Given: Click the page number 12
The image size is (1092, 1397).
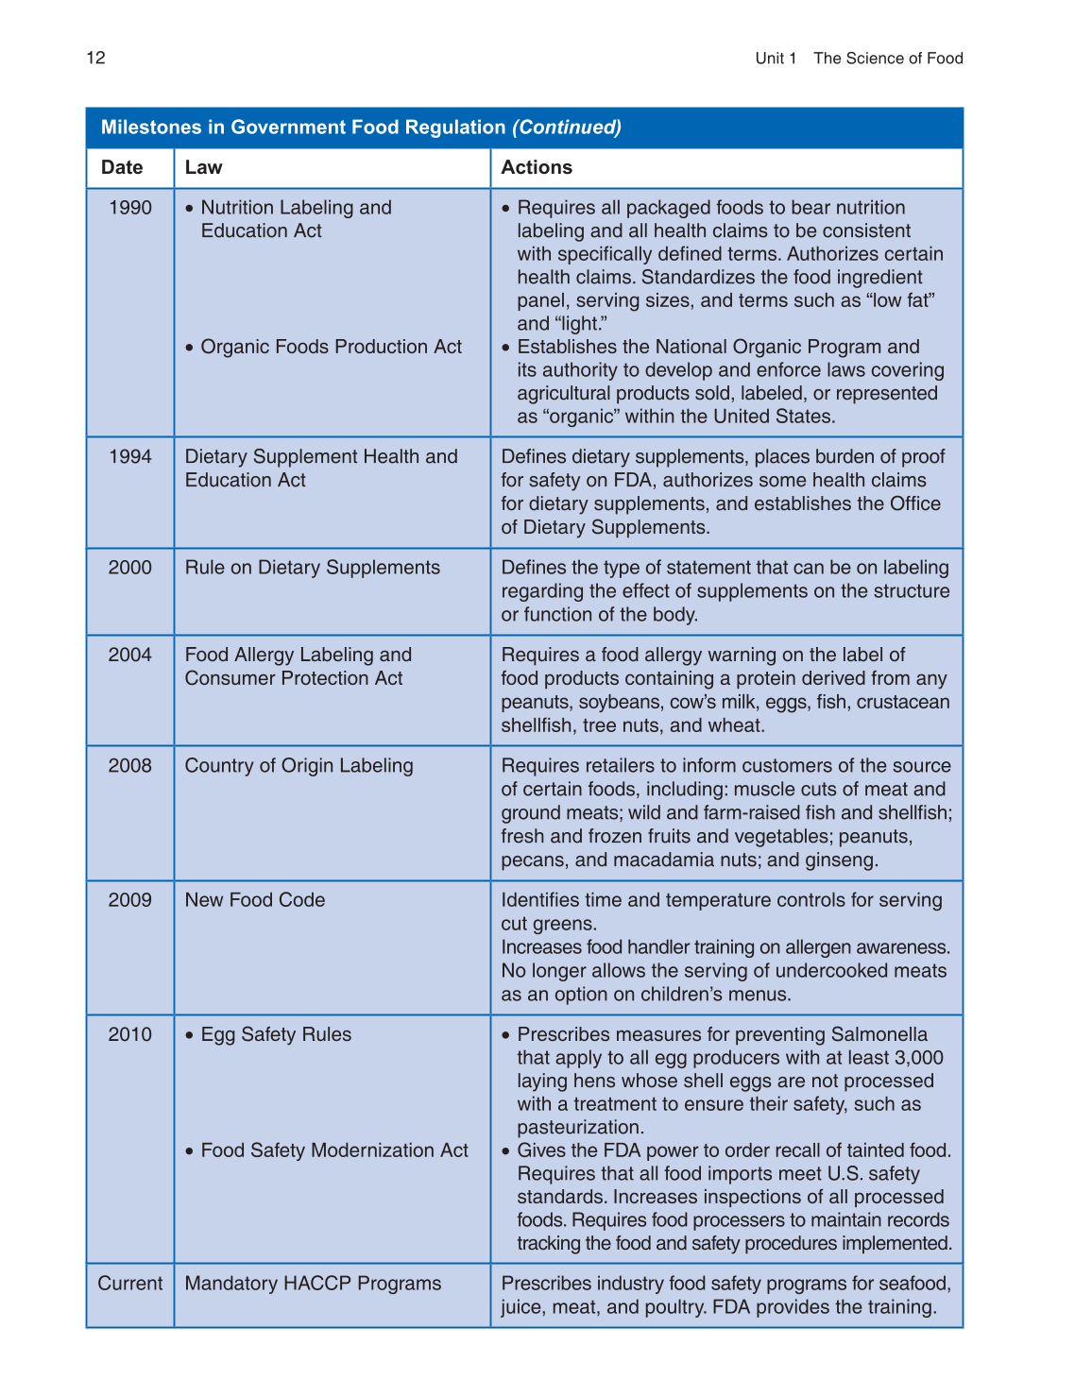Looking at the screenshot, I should pyautogui.click(x=95, y=59).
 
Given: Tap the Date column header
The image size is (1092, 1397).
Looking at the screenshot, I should pyautogui.click(x=122, y=168).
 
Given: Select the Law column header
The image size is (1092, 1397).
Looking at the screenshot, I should pyautogui.click(x=203, y=168).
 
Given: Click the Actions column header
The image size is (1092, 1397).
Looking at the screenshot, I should pyautogui.click(x=537, y=168).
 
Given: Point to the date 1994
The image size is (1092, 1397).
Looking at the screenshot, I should pyautogui.click(x=130, y=457).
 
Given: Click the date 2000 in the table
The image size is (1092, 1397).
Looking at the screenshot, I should pyautogui.click(x=130, y=568).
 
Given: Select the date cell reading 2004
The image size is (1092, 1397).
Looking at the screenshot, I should pyautogui.click(x=130, y=656).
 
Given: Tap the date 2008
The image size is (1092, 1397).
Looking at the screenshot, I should pyautogui.click(x=130, y=766).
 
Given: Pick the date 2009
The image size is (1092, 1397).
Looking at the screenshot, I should pyautogui.click(x=130, y=900).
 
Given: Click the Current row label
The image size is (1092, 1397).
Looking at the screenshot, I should pyautogui.click(x=130, y=1284).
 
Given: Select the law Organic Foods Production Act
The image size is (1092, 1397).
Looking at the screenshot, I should pyautogui.click(x=331, y=348).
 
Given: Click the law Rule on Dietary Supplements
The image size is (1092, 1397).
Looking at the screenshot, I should pyautogui.click(x=313, y=568).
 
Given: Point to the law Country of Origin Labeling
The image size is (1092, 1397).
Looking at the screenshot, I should pyautogui.click(x=299, y=766).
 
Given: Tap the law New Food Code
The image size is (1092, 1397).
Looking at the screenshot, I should pyautogui.click(x=255, y=900).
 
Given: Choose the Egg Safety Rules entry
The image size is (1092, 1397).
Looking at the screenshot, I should pyautogui.click(x=276, y=1035).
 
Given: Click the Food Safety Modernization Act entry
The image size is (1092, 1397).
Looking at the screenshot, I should pyautogui.click(x=334, y=1150).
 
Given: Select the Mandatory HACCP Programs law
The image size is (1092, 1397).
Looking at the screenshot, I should pyautogui.click(x=314, y=1284).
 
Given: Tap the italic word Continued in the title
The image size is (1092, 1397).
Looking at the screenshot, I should pyautogui.click(x=567, y=128).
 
